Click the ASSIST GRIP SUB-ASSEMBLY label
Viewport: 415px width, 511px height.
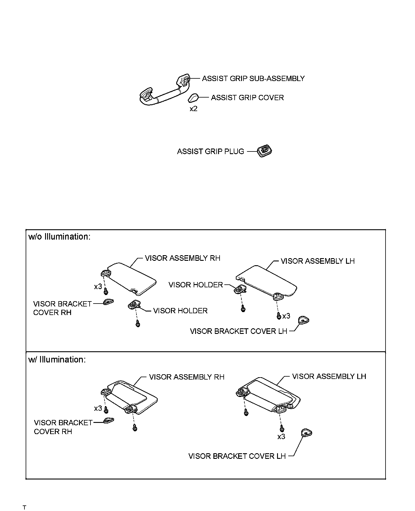pos(253,79)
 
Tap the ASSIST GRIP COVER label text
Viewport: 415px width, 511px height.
pos(247,98)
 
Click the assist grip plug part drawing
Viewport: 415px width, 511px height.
pos(265,151)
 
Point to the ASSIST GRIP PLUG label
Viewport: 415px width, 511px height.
pos(210,151)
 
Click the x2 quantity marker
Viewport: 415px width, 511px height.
pos(193,109)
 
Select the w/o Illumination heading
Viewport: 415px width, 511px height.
pos(59,237)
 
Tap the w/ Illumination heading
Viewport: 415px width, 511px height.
pos(57,360)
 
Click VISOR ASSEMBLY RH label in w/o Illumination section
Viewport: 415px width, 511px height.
pos(182,258)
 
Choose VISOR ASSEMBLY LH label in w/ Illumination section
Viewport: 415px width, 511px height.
pos(329,376)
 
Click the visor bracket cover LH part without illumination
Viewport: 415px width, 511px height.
pos(304,320)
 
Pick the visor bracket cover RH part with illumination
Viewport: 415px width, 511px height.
pos(109,421)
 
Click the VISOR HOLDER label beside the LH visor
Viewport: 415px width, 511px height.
pos(196,285)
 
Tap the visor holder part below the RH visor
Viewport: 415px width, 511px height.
pos(134,304)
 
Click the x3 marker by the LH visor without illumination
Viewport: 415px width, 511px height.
pos(286,316)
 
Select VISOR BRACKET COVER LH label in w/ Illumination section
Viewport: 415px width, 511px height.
pos(237,456)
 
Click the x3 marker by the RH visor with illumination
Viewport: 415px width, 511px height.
pos(98,408)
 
